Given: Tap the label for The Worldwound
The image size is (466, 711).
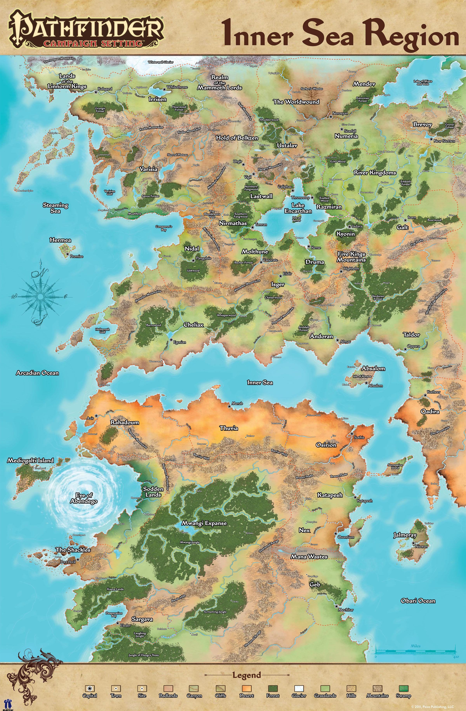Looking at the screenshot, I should (296, 102).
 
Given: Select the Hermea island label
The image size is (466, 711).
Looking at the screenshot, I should (60, 240).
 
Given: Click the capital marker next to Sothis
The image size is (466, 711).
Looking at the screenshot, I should (352, 434).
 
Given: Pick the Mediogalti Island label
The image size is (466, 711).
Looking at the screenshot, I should (30, 461).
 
